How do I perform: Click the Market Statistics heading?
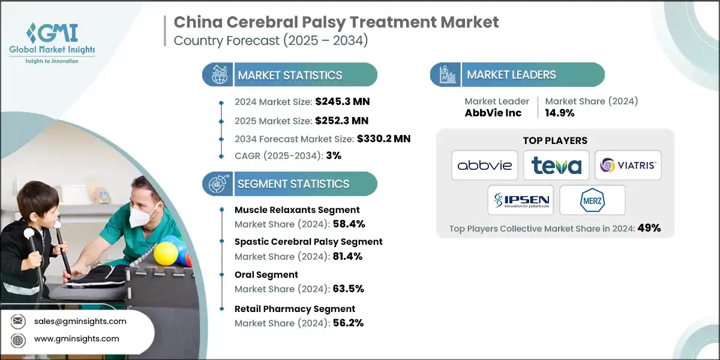[290, 75]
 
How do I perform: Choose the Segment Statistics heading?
[293, 184]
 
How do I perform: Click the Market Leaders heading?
[511, 75]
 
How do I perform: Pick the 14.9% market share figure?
[559, 113]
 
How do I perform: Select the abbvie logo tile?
[485, 165]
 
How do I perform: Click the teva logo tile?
[556, 165]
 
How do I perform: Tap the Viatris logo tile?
[628, 165]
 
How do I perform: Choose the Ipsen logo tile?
[520, 200]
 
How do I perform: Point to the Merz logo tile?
[592, 200]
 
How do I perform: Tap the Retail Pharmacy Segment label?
[295, 308]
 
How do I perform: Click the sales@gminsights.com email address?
[80, 321]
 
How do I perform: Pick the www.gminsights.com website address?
[77, 339]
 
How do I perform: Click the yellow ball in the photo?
[166, 253]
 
